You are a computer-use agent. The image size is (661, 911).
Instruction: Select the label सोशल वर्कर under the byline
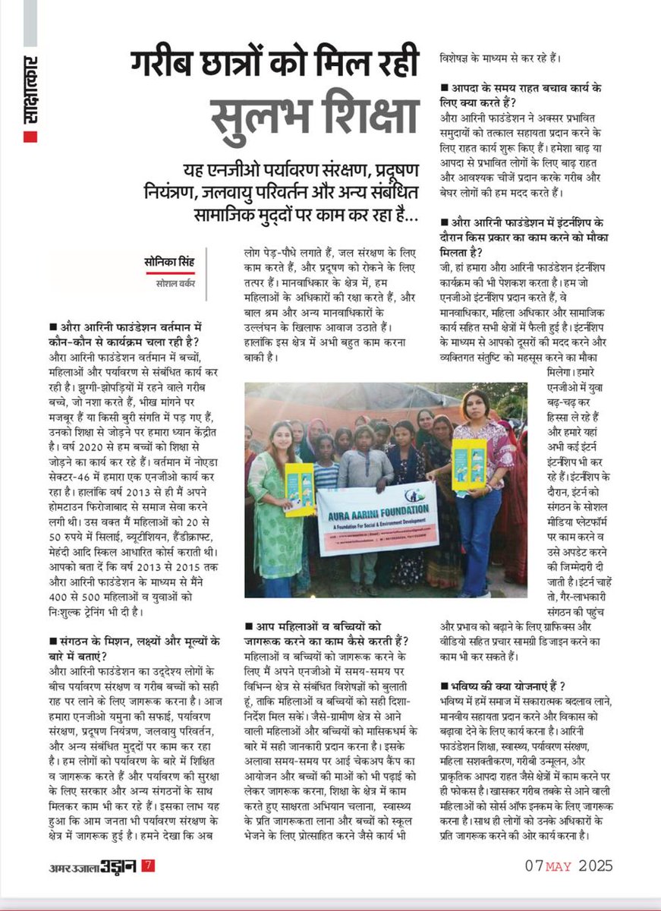point(171,285)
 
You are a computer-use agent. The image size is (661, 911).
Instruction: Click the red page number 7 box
point(150,865)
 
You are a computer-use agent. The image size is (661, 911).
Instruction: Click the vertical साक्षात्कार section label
point(30,88)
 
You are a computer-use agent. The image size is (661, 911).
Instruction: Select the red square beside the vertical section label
point(30,137)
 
